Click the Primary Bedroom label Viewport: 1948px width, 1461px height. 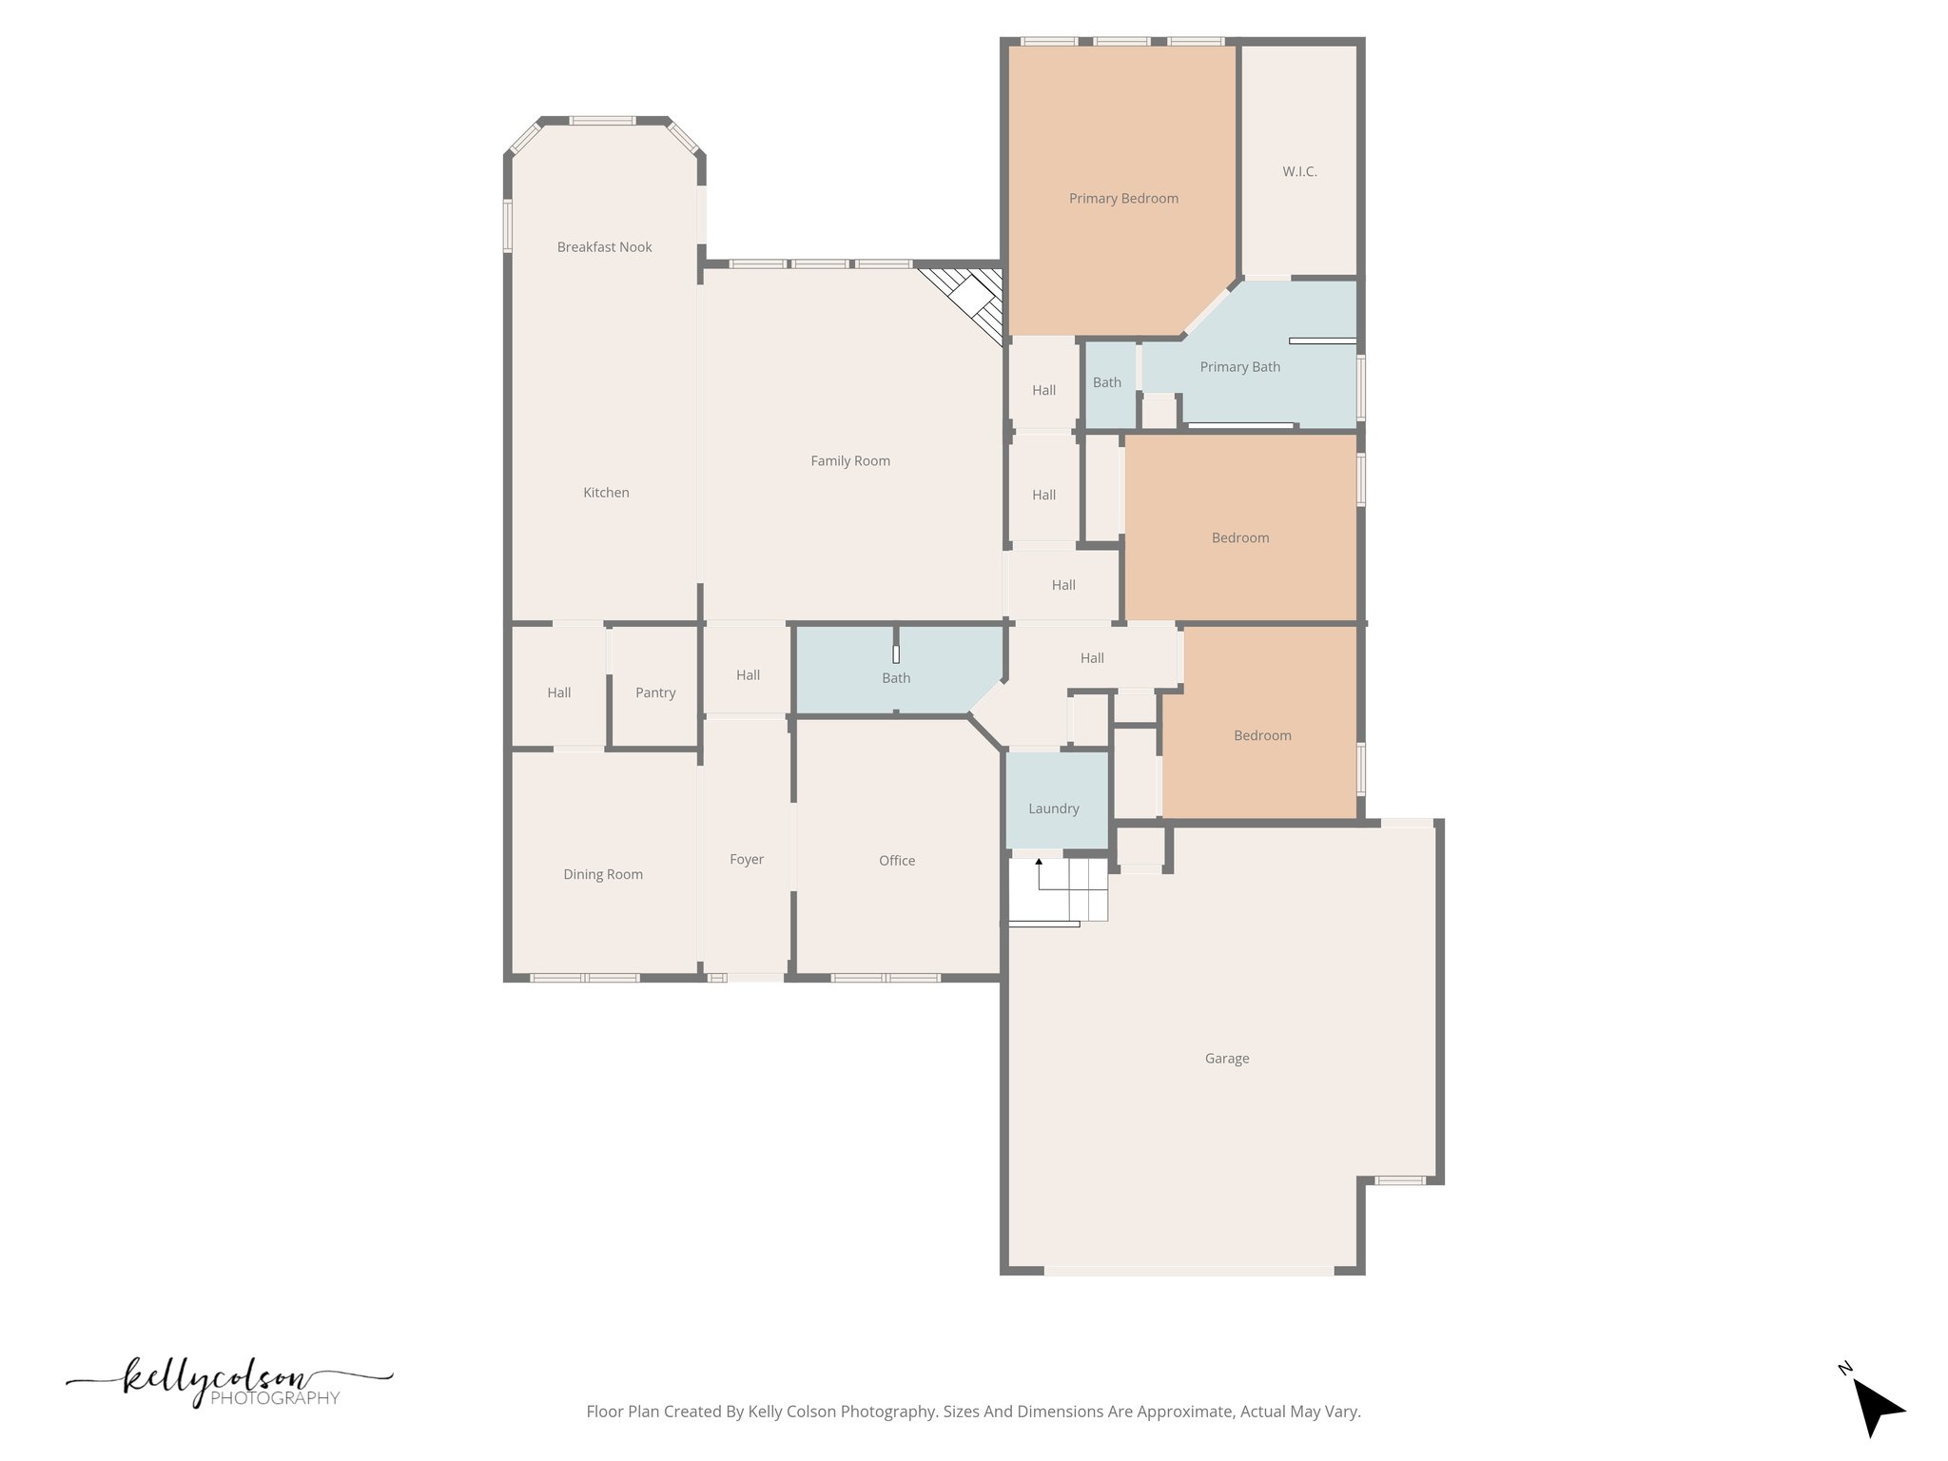pos(1123,198)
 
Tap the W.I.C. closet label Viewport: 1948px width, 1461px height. pos(1299,171)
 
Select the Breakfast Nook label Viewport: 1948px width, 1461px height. pos(604,246)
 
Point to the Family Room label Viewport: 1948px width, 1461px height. pos(850,460)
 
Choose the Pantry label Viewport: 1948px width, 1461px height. pos(655,692)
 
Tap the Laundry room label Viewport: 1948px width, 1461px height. pos(1054,808)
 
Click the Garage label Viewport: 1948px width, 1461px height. pos(1227,1058)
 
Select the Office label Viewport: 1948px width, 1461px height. pos(897,860)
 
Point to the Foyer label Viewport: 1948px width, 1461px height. pos(747,859)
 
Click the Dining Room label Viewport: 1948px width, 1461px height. pos(603,874)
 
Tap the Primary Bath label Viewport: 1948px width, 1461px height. pos(1240,366)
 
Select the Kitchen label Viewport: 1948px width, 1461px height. pos(606,492)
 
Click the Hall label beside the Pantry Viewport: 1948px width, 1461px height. pos(559,692)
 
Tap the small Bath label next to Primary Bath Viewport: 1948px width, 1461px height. pos(1106,381)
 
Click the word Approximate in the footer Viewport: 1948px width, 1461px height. pos(1184,1412)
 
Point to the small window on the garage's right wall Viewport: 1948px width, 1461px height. pos(1400,1180)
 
